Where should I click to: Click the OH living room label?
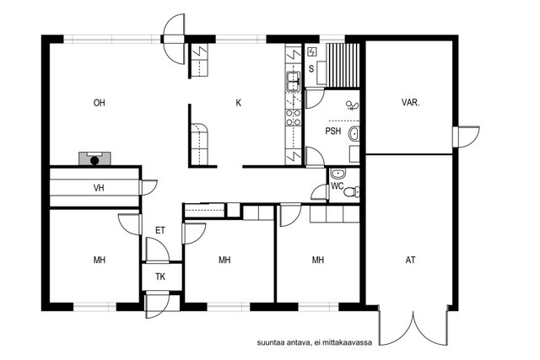coord(100,103)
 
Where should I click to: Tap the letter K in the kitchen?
coord(238,103)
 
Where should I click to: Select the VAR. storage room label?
coord(410,103)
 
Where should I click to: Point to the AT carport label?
coord(410,260)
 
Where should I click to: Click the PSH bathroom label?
coord(333,132)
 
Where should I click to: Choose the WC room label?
coord(337,186)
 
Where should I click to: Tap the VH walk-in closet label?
coord(99,188)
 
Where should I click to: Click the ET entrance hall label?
coord(160,230)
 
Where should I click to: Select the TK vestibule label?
coord(160,277)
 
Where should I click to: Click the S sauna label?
coord(311,69)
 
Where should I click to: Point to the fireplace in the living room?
coord(94,159)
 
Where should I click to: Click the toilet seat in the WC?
coord(352,191)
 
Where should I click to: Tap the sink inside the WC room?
coord(338,174)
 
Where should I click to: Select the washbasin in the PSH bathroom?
coord(354,134)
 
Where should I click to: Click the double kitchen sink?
coord(293,81)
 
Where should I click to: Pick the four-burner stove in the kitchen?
coord(294,118)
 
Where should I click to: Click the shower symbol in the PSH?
coord(353,105)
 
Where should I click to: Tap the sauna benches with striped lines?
coord(343,65)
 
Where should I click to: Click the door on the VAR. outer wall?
coord(466,137)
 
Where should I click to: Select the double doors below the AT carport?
coord(413,325)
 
